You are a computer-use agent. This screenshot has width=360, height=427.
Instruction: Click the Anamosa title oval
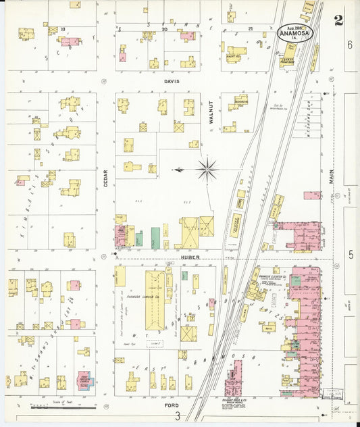294,32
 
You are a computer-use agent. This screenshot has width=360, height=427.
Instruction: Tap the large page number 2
338,20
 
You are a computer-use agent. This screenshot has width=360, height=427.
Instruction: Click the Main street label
332,176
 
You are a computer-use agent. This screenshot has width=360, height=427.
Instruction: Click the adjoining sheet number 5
351,254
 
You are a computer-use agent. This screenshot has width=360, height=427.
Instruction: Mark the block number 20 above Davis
164,29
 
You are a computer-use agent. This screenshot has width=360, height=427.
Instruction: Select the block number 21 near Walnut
250,29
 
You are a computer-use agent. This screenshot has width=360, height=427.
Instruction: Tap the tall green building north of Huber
155,237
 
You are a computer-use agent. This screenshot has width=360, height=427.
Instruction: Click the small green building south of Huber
184,275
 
